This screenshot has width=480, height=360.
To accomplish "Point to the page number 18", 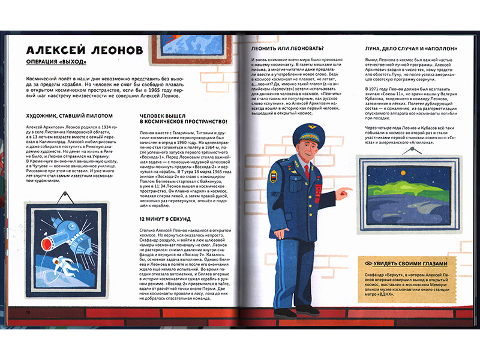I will [x=28, y=313].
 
